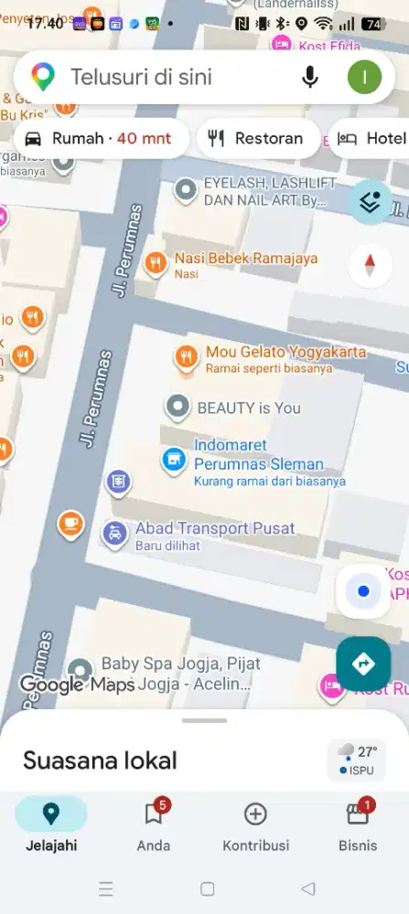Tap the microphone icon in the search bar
[310, 78]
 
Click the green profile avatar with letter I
[364, 78]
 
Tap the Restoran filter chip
[257, 139]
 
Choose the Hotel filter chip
[371, 139]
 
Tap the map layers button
[370, 203]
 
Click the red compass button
[370, 265]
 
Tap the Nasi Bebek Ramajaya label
[239, 259]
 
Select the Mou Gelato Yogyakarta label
[285, 353]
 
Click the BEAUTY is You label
[248, 408]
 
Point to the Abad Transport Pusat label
[214, 528]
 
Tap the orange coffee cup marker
[70, 524]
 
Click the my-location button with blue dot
[363, 591]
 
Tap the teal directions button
[363, 664]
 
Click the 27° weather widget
[357, 760]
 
